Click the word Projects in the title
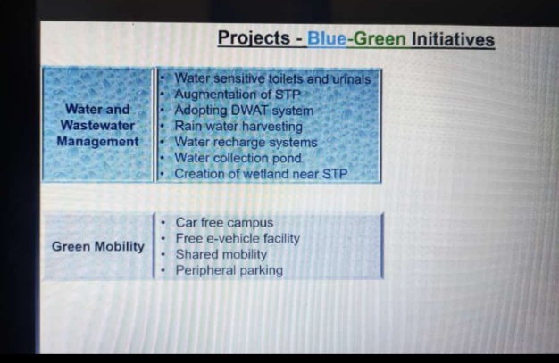pyautogui.click(x=254, y=38)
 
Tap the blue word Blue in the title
pyautogui.click(x=327, y=39)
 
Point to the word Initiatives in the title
pyautogui.click(x=453, y=39)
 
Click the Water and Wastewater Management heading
pyautogui.click(x=97, y=126)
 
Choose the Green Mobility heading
pyautogui.click(x=98, y=246)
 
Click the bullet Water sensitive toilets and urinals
pyautogui.click(x=272, y=78)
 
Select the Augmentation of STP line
pyautogui.click(x=237, y=95)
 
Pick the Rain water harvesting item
pyautogui.click(x=238, y=126)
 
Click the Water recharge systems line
pyautogui.click(x=246, y=142)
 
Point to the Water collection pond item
pyautogui.click(x=238, y=158)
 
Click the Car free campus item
pyautogui.click(x=225, y=223)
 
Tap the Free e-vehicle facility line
pyautogui.click(x=238, y=238)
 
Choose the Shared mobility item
pyautogui.click(x=221, y=254)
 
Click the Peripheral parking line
pyautogui.click(x=229, y=270)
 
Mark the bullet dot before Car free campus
pyautogui.click(x=163, y=223)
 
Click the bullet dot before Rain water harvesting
pyautogui.click(x=163, y=126)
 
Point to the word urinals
pyautogui.click(x=352, y=79)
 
